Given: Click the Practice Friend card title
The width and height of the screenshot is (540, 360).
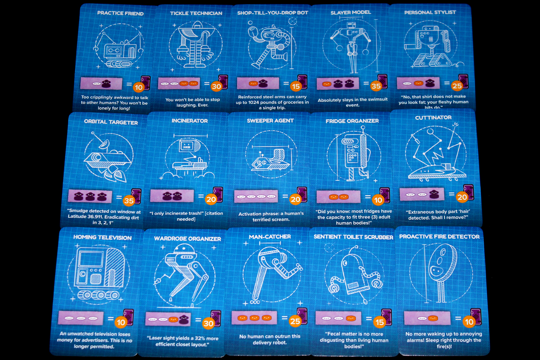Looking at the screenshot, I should point(120,13).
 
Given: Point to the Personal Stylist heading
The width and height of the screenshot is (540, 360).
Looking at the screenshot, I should point(430,12).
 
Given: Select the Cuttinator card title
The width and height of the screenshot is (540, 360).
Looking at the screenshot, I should point(433,118).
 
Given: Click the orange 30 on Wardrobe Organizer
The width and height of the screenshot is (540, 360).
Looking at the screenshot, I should point(209,323).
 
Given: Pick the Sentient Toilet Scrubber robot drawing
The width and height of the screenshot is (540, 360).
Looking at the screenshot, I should point(353,275).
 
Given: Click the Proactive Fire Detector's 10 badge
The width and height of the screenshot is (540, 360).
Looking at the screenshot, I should point(468,321).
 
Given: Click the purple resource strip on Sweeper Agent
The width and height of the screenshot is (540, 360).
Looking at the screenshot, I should point(256,196).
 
